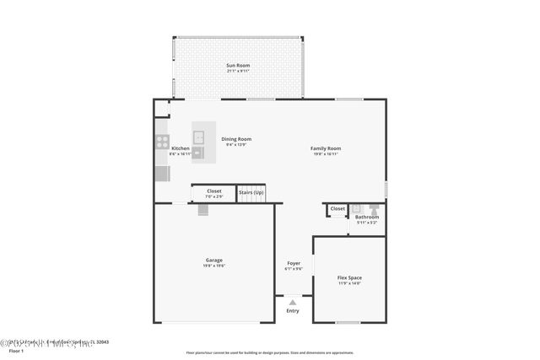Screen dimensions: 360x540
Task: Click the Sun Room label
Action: [x=238, y=66]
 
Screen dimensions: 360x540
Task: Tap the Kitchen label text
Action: [x=180, y=148]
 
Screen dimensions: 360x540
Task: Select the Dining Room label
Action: [x=236, y=139]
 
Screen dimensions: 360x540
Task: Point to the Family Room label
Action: [x=326, y=148]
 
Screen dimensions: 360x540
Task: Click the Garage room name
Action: [x=213, y=260]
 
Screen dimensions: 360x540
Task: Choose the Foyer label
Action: [x=293, y=263]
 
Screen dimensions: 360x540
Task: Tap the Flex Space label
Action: [x=349, y=277]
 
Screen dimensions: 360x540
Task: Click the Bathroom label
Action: [x=367, y=217]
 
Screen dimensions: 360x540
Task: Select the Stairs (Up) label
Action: [x=251, y=191]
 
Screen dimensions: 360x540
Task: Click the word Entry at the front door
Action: [x=293, y=311]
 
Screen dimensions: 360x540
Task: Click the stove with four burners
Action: [x=161, y=142]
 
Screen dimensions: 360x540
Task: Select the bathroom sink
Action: [x=356, y=207]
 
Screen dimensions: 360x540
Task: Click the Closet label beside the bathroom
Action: [x=337, y=208]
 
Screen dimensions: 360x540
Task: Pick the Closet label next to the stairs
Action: [x=214, y=191]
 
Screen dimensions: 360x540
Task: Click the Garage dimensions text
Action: [x=213, y=266]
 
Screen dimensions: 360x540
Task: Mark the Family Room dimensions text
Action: [x=326, y=154]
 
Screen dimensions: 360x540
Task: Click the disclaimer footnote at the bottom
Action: [x=269, y=352]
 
